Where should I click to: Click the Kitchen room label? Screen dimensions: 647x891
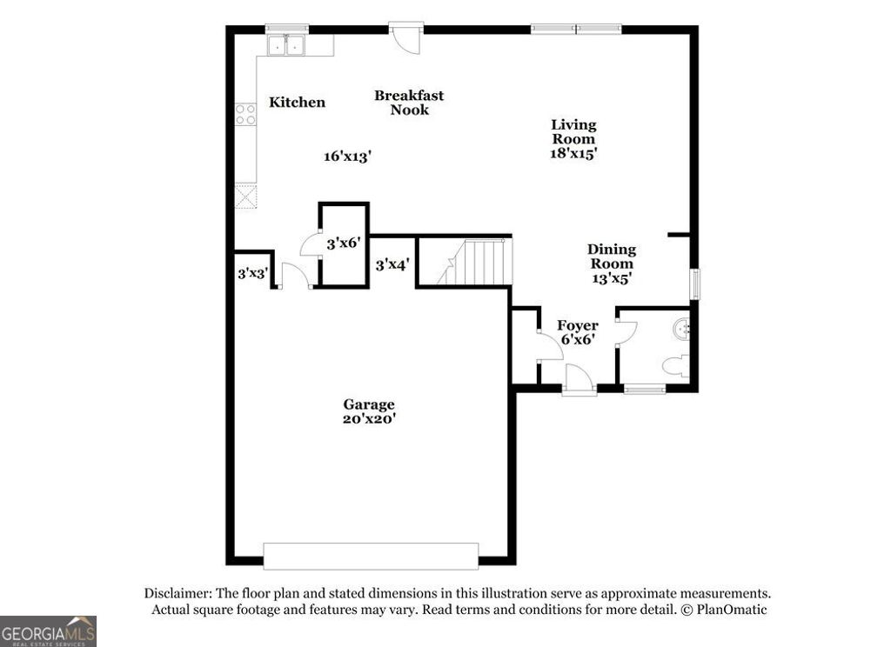point(297,103)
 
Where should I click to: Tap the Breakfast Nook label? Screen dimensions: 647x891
point(409,103)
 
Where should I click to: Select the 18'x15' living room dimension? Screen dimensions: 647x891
point(573,153)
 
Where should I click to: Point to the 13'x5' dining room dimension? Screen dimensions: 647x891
point(611,278)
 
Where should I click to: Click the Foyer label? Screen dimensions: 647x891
point(577,326)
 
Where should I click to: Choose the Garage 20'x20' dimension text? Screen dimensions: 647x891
point(369,418)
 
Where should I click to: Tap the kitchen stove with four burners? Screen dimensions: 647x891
point(245,114)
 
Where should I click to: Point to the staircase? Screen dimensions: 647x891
point(474,263)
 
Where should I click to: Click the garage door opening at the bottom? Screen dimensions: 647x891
point(371,557)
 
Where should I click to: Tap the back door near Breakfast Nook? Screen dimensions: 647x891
point(405,38)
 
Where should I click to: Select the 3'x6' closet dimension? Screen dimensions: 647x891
point(343,243)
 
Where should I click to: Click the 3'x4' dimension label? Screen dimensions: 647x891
point(392,264)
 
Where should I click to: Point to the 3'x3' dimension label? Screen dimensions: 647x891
point(252,273)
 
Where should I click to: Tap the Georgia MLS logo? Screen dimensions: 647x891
point(48,630)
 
